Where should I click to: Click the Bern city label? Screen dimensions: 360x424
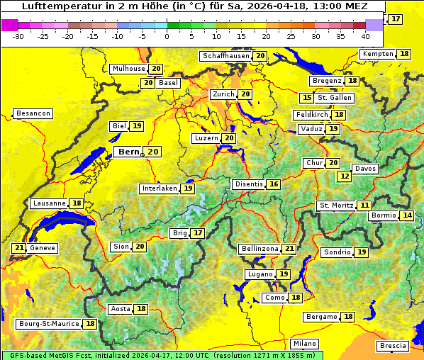coord(129,152)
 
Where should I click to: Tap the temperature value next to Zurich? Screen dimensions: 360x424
coord(245,94)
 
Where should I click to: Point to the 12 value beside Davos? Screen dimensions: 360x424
coord(345,176)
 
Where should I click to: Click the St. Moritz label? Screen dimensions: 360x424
coord(335,206)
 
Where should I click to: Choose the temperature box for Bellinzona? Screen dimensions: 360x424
coord(289,249)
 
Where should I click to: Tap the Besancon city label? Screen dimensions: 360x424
coord(33,113)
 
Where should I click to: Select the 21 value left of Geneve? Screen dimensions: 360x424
coord(18,248)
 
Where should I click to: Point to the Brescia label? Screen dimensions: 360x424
coord(394,346)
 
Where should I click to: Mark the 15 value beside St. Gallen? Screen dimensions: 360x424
coord(307,98)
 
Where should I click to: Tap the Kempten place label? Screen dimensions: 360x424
coord(378,54)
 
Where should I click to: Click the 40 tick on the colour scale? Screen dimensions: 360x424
coord(365,35)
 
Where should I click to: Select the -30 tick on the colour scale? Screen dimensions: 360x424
coord(18,35)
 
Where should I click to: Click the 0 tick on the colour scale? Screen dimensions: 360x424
coord(167,35)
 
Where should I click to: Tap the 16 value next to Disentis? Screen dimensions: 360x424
coord(274,184)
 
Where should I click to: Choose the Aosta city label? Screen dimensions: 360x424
coord(121,309)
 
